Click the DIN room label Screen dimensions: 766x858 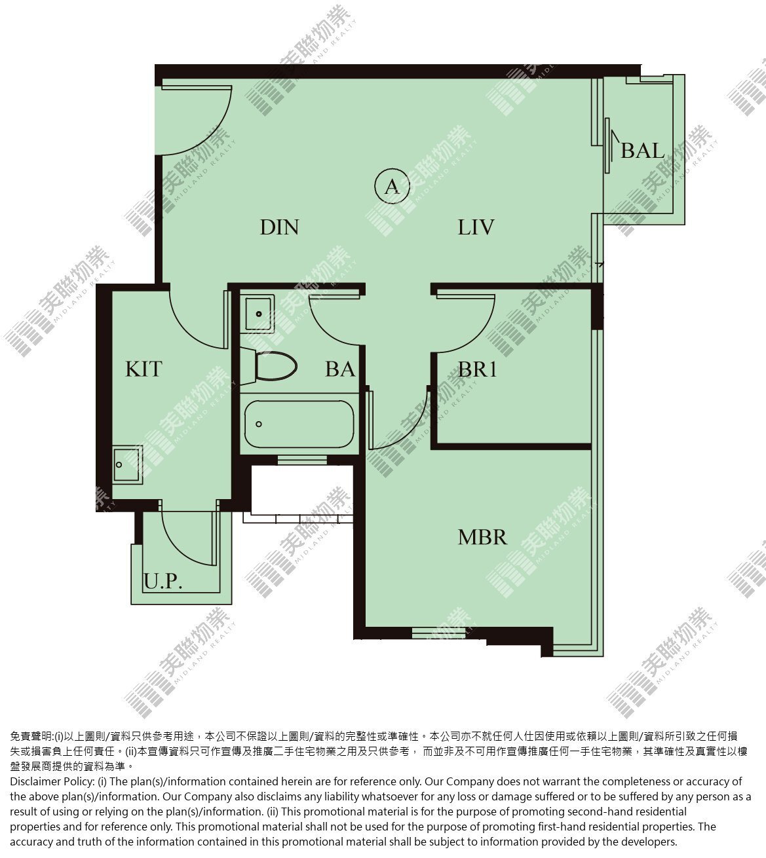coord(279,227)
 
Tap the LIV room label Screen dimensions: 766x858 coord(476,227)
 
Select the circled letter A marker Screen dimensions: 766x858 coord(392,187)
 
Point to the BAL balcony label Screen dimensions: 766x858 coord(643,151)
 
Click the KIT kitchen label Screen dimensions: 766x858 coord(144,369)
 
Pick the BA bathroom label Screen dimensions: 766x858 coord(340,369)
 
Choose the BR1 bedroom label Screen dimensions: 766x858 coord(477,369)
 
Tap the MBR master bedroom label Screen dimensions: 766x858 coord(482,538)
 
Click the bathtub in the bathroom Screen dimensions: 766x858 coord(299,424)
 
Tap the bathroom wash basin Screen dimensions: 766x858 coord(258,313)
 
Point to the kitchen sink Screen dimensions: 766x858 coord(127,464)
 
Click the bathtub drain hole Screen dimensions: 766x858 coord(259,424)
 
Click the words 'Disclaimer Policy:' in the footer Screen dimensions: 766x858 coord(52,781)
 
